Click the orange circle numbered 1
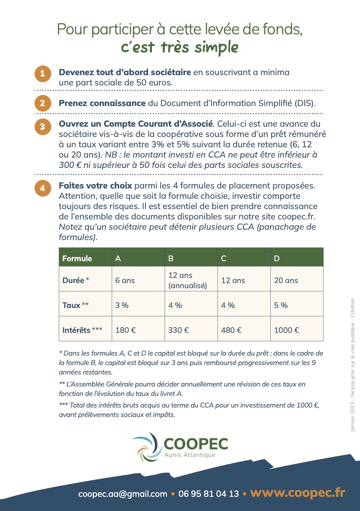point(42,73)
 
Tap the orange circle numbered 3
point(42,127)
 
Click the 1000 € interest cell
point(296,330)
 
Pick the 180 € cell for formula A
point(138,330)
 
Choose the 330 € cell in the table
point(191,330)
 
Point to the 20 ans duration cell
point(296,280)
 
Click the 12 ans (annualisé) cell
point(191,280)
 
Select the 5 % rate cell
point(296,305)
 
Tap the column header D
point(296,258)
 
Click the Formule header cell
point(85,258)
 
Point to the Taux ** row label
point(85,305)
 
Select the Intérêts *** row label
point(85,330)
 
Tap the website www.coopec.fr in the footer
point(297,493)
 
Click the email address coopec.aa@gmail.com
point(123,494)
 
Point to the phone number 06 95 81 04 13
point(208,494)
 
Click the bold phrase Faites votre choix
point(96,186)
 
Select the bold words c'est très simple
point(179,47)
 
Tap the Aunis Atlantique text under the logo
point(190,455)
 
